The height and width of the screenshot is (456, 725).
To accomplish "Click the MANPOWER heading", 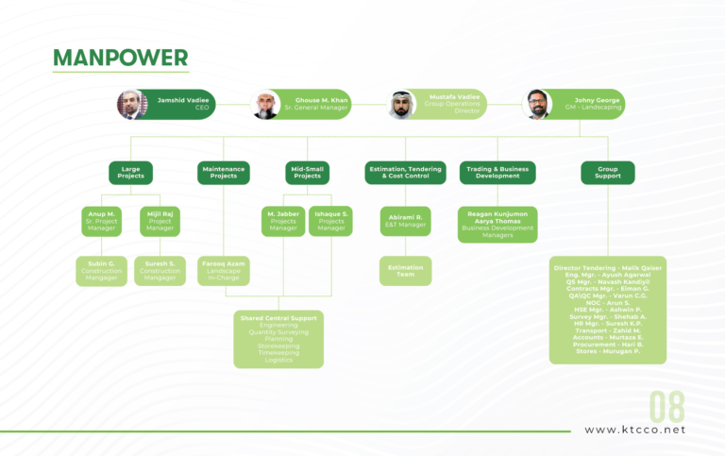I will click(x=120, y=58).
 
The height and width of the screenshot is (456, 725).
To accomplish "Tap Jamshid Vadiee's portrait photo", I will click(x=132, y=104).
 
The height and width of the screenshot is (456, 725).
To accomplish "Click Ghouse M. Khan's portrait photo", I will click(x=265, y=104).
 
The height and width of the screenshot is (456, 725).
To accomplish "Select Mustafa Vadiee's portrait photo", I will click(x=401, y=104).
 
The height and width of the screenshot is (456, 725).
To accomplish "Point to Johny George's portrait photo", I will click(x=537, y=104).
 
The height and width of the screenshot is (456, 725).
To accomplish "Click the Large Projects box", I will click(x=130, y=173).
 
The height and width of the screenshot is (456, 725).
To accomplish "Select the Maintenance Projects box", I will click(x=224, y=173).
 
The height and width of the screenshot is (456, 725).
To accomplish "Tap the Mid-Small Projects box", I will click(x=307, y=173).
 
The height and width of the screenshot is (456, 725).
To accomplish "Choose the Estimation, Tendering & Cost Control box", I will click(x=405, y=173).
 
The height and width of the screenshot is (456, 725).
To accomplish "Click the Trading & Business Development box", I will click(x=497, y=173).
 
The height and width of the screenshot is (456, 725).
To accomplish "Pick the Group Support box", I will click(x=607, y=173).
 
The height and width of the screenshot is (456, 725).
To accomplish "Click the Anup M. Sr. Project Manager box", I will click(x=102, y=221).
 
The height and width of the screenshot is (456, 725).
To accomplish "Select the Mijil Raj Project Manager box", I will click(x=160, y=221).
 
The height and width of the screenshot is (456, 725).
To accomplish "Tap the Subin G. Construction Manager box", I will click(x=101, y=271).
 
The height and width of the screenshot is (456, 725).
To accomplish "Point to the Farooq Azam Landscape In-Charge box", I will click(x=224, y=271).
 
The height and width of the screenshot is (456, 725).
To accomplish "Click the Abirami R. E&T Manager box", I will click(x=405, y=221).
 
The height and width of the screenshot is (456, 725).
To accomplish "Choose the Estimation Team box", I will click(x=405, y=271).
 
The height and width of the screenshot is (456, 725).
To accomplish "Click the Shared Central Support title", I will click(x=278, y=318).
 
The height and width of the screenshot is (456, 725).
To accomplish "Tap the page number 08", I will click(x=666, y=407).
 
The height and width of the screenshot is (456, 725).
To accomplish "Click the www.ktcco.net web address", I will click(x=634, y=431).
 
